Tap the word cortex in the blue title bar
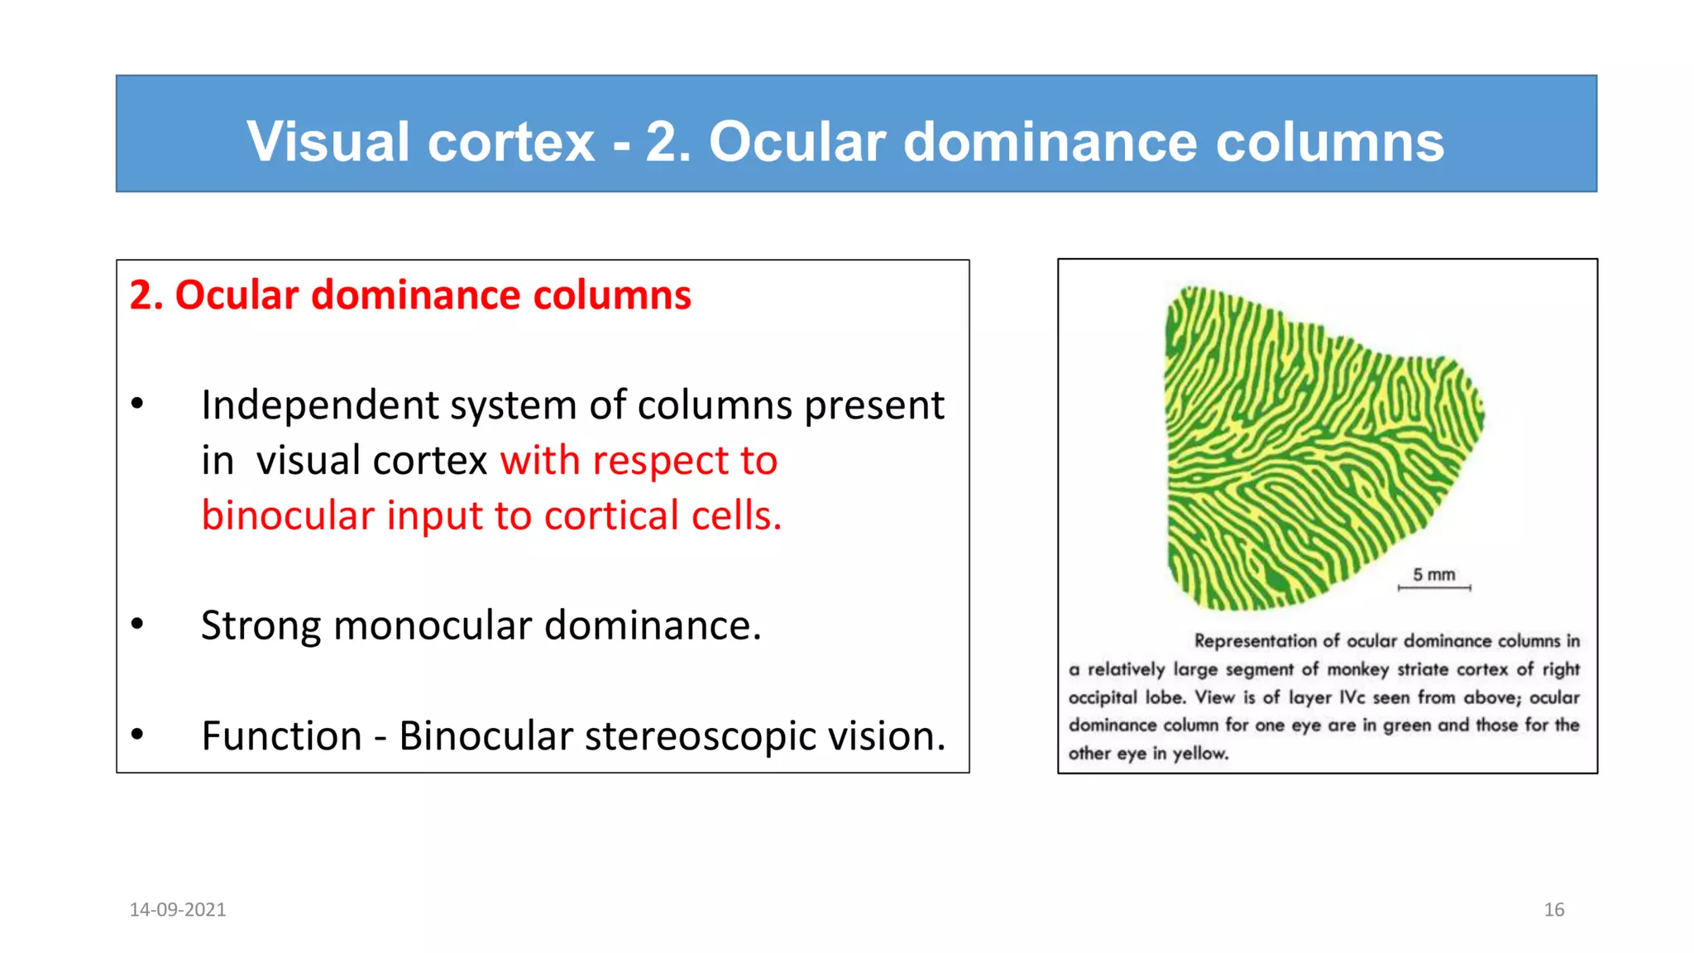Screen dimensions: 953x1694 pyautogui.click(x=510, y=141)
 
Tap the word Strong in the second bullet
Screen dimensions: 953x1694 pyautogui.click(x=260, y=626)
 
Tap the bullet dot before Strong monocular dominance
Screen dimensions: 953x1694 pyautogui.click(x=137, y=625)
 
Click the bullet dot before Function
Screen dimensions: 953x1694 pyautogui.click(x=137, y=734)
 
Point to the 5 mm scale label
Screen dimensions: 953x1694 pyautogui.click(x=1433, y=574)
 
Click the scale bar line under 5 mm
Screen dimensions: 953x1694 pyautogui.click(x=1434, y=588)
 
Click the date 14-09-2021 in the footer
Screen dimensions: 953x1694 pyautogui.click(x=178, y=910)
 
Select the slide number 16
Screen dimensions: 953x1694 pyautogui.click(x=1553, y=910)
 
